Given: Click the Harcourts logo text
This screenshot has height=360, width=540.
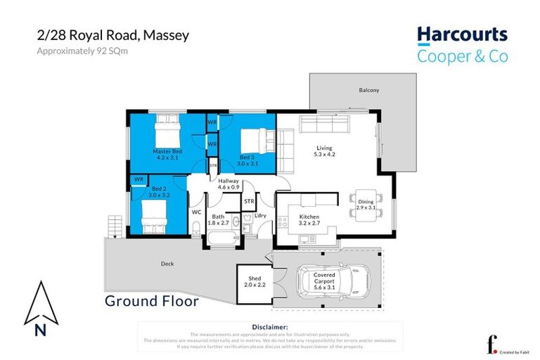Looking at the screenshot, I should pos(462,35).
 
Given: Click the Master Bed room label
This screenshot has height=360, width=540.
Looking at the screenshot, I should pos(167,155).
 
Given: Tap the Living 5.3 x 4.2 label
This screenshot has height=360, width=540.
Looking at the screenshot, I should pos(323,150).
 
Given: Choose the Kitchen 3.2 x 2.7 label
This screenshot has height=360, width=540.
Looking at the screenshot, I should pos(309,220).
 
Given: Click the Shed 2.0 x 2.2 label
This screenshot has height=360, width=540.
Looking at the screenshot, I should pos(252,281).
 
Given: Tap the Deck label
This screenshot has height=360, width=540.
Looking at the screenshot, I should pos(167,264).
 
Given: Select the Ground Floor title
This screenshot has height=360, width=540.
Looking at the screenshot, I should pos(151,302).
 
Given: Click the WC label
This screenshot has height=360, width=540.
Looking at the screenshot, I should pos(197,212).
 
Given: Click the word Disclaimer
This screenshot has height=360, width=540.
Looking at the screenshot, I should pos(269,327).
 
